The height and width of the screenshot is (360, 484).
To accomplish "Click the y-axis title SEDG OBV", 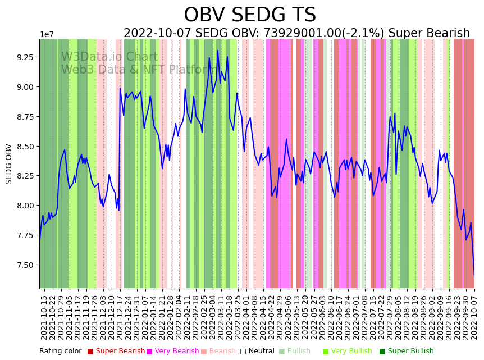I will tap(9, 164).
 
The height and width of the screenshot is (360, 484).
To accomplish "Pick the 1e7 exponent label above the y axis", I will tap(47, 35).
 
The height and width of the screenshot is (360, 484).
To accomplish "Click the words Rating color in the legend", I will tap(60, 351).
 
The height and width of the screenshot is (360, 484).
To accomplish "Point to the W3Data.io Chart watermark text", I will tap(109, 57).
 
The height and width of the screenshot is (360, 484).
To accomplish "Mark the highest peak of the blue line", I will tap(218, 51).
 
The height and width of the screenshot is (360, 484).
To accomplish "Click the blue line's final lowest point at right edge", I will tap(474, 277).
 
